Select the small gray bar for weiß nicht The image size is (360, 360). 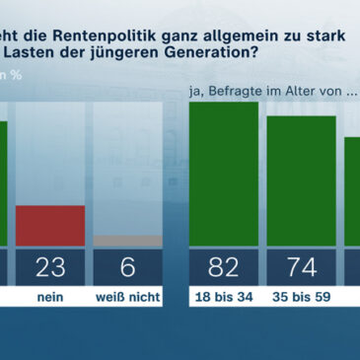[x=128, y=240]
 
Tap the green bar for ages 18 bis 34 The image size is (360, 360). [x=223, y=173]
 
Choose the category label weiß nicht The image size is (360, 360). [x=128, y=297]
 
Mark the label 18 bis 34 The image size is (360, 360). [x=223, y=297]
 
